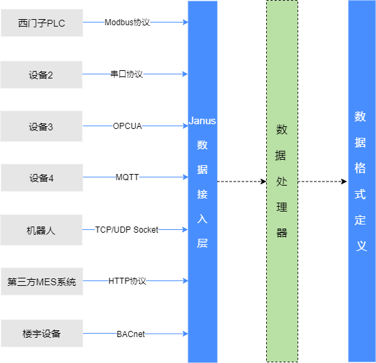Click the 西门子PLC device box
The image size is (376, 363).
42,23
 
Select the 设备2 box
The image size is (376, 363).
41,75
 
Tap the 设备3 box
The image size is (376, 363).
41,126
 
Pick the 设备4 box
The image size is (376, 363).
42,177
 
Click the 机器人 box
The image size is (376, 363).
41,230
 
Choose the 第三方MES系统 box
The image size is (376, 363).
42,282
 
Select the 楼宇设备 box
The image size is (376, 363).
42,333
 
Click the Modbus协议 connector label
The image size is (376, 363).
127,23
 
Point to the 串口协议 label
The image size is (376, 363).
127,74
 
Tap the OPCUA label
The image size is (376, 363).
128,126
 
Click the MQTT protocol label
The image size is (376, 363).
127,177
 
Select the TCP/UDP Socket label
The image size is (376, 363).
127,230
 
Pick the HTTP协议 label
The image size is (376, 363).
127,280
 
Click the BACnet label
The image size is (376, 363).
131,334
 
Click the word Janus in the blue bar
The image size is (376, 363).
202,121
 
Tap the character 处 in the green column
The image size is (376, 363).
282,181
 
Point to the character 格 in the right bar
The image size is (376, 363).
360,168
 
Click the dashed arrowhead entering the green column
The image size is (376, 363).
264,181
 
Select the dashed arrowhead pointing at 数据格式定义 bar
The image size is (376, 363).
344,181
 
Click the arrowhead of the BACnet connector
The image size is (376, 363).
186,334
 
